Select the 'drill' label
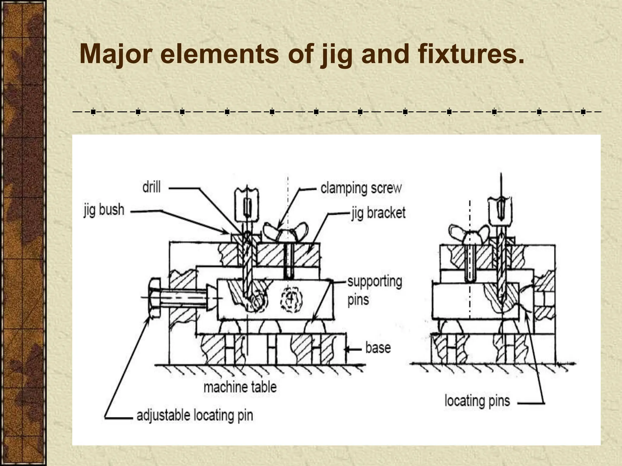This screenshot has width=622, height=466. point(151,187)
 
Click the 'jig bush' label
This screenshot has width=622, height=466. point(104,210)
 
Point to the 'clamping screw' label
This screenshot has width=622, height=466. point(361,188)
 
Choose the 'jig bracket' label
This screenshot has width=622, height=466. point(378,213)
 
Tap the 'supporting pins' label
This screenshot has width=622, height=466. point(374,290)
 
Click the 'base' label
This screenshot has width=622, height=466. point(378,348)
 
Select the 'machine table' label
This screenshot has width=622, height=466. point(240,387)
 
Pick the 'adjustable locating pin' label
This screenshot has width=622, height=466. point(195,415)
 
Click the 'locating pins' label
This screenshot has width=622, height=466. point(477,401)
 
